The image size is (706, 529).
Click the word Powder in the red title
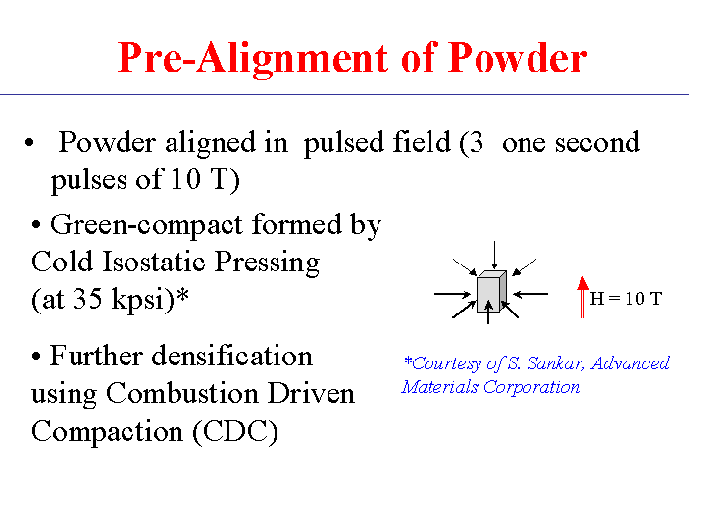pyautogui.click(x=518, y=58)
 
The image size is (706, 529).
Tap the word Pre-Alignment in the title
pyautogui.click(x=253, y=59)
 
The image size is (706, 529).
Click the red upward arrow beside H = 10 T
pyautogui.click(x=582, y=298)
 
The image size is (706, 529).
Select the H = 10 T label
pyautogui.click(x=626, y=298)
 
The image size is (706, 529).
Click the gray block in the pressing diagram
pyautogui.click(x=491, y=291)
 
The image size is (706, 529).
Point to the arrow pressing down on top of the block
pyautogui.click(x=495, y=255)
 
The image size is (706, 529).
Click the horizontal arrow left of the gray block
pyautogui.click(x=453, y=294)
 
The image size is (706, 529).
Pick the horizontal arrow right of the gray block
pyautogui.click(x=530, y=294)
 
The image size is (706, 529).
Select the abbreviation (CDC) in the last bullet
pyautogui.click(x=235, y=432)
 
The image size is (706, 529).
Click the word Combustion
pyautogui.click(x=182, y=394)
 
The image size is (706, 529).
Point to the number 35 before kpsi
pyautogui.click(x=87, y=298)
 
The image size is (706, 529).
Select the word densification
pyautogui.click(x=231, y=356)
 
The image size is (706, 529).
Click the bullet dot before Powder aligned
pyautogui.click(x=29, y=143)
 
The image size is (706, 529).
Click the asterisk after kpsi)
pyautogui.click(x=182, y=295)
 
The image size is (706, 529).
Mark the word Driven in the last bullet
pyautogui.click(x=311, y=394)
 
